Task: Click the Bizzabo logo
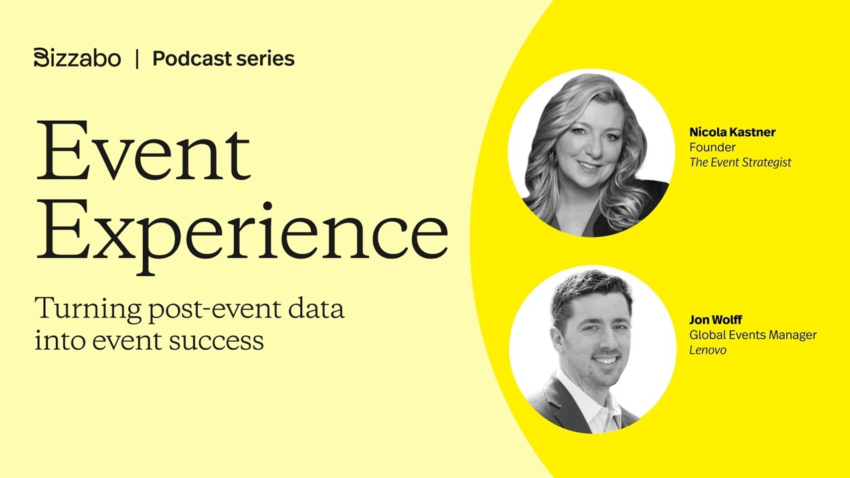click(x=77, y=58)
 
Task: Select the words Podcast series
click(x=223, y=58)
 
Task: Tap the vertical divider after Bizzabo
click(x=137, y=58)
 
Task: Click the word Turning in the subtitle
click(x=88, y=309)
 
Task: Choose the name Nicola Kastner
click(x=732, y=132)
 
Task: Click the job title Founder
click(x=712, y=147)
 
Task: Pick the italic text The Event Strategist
click(x=740, y=163)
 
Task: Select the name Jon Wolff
click(x=715, y=320)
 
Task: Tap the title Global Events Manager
click(x=752, y=335)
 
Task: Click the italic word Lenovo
click(x=707, y=351)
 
